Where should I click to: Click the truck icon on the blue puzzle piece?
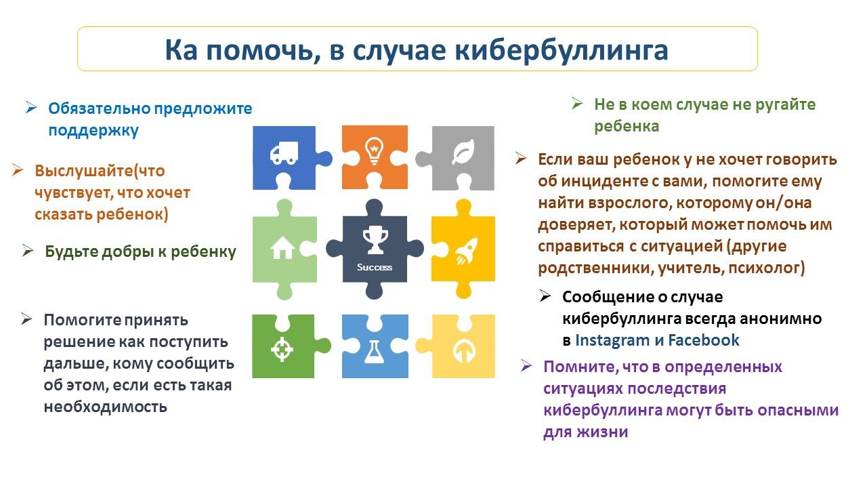[284, 152]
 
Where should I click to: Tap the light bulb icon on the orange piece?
[375, 150]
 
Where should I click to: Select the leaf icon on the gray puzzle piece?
[463, 152]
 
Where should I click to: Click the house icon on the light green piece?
[282, 247]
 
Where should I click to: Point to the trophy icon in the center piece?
[375, 240]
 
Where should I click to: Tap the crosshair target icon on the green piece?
[282, 349]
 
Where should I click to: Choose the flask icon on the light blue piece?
[375, 352]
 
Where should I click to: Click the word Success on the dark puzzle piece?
[375, 267]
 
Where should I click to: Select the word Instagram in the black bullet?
[612, 340]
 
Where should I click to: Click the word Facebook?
[703, 340]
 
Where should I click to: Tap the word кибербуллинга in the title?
[562, 50]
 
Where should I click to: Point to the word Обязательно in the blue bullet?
[100, 108]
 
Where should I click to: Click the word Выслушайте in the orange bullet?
[84, 171]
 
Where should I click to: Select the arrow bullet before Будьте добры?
[28, 250]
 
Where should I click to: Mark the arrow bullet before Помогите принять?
[26, 319]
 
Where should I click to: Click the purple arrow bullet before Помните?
[526, 365]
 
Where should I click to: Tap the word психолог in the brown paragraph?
[763, 268]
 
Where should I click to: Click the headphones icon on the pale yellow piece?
[464, 352]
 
